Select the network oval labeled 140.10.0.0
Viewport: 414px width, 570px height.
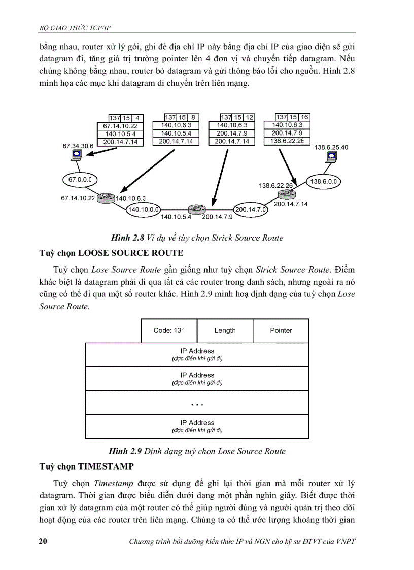pyautogui.click(x=144, y=209)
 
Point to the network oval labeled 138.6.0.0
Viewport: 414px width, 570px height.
pyautogui.click(x=324, y=181)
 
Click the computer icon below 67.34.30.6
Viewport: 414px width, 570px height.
pyautogui.click(x=77, y=155)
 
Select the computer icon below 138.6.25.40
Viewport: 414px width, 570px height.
pyautogui.click(x=331, y=157)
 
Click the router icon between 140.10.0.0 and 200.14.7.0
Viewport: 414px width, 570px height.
pyautogui.click(x=195, y=209)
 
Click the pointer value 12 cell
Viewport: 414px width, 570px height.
pyautogui.click(x=250, y=118)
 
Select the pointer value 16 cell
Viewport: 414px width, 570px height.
pyautogui.click(x=304, y=117)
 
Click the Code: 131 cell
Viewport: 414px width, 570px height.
pyautogui.click(x=168, y=330)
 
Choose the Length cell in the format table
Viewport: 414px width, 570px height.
pyautogui.click(x=225, y=330)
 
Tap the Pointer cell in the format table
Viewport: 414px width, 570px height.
pyautogui.click(x=281, y=330)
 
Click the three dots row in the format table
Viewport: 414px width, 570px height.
pyautogui.click(x=197, y=403)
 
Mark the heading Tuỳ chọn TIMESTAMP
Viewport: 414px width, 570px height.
pyautogui.click(x=87, y=466)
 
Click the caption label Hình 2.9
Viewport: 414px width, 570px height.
pyautogui.click(x=126, y=451)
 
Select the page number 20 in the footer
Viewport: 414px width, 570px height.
pyautogui.click(x=43, y=541)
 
